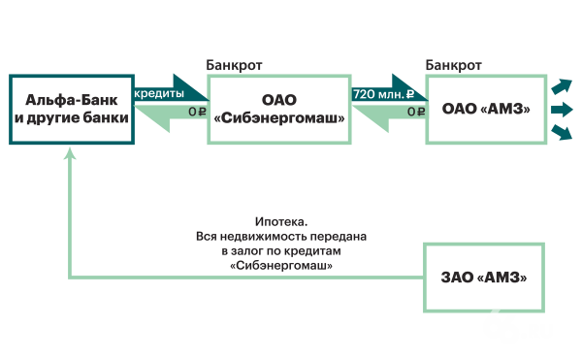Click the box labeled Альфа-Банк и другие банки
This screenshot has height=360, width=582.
click(x=71, y=109)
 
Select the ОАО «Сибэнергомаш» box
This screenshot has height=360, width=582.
click(x=278, y=109)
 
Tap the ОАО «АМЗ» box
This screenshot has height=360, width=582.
click(x=485, y=109)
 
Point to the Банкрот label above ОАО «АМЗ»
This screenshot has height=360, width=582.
click(x=454, y=64)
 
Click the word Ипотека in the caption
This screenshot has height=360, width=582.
click(x=281, y=222)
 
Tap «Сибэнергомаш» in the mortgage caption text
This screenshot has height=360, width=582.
click(x=281, y=265)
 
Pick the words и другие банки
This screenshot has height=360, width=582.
click(x=71, y=117)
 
